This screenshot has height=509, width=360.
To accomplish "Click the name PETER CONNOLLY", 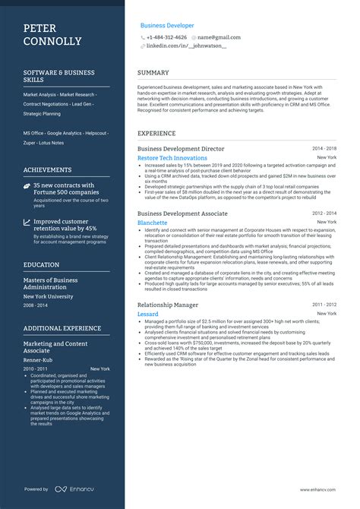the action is click(52, 33).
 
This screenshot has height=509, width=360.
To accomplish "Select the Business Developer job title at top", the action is click(166, 25).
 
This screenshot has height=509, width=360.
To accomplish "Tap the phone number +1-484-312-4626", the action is click(166, 37).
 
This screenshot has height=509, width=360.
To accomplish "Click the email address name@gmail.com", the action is click(219, 37).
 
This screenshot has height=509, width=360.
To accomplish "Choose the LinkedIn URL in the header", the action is click(186, 46).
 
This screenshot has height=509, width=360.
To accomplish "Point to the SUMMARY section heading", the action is click(153, 73).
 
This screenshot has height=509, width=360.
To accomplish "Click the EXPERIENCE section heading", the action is click(156, 133).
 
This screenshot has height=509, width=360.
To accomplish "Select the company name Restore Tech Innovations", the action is click(172, 158).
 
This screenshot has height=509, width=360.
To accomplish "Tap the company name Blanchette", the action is click(154, 223).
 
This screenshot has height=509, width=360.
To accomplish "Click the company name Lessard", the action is click(148, 292).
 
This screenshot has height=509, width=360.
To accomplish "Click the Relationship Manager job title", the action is click(168, 283).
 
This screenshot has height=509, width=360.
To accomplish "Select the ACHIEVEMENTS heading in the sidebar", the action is click(48, 170).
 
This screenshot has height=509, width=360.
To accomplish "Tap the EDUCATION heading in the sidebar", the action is click(42, 265).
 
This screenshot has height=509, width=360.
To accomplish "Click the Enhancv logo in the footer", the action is click(62, 489).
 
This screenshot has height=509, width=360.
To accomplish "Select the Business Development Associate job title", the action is click(182, 214).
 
